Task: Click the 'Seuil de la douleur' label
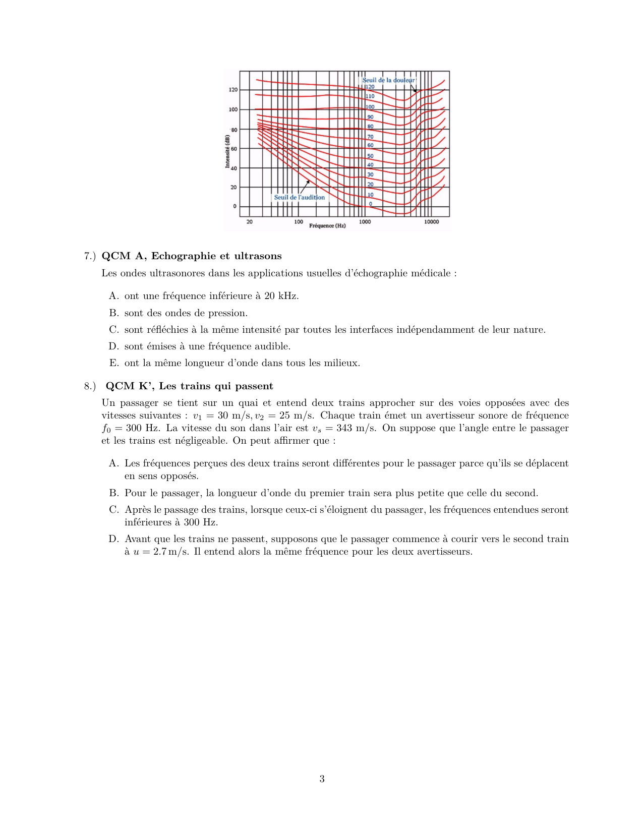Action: pyautogui.click(x=388, y=80)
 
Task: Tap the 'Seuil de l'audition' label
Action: pyautogui.click(x=299, y=197)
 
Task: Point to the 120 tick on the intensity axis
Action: pyautogui.click(x=233, y=90)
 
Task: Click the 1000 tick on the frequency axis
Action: pyautogui.click(x=365, y=222)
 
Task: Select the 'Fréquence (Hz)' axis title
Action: pyautogui.click(x=327, y=225)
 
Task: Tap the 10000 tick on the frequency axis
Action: pyautogui.click(x=431, y=222)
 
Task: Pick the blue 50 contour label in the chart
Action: pyautogui.click(x=370, y=156)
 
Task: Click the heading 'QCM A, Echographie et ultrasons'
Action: pyautogui.click(x=192, y=256)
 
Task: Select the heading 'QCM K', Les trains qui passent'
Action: pyautogui.click(x=189, y=386)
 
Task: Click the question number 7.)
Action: pyautogui.click(x=90, y=256)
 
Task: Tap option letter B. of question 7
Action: pyautogui.click(x=114, y=313)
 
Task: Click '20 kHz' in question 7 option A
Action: pyautogui.click(x=281, y=296)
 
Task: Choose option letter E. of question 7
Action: pyautogui.click(x=114, y=363)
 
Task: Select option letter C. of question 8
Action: pyautogui.click(x=114, y=510)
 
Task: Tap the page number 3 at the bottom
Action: pyautogui.click(x=322, y=779)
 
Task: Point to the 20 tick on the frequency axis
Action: pyautogui.click(x=249, y=222)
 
